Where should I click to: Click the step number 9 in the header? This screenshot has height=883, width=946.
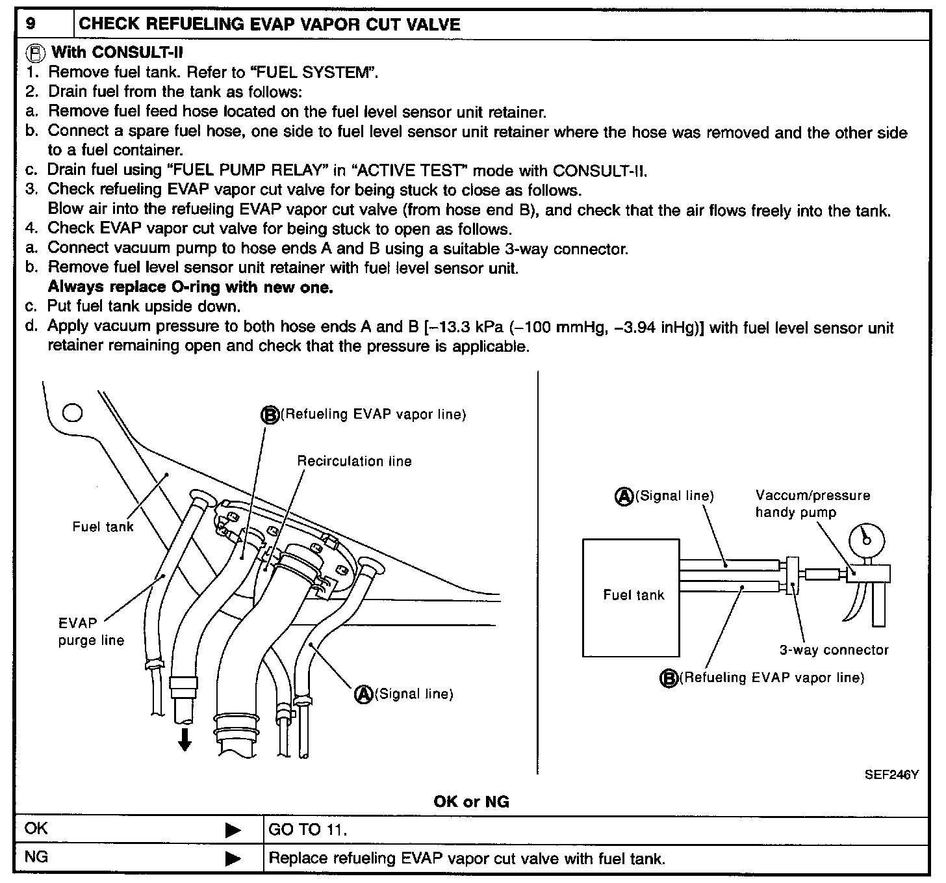[30, 25]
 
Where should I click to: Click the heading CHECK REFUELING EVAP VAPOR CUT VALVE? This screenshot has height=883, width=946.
[269, 25]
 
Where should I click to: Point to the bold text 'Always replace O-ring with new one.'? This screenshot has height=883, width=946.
[190, 287]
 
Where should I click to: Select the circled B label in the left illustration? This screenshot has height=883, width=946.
[270, 414]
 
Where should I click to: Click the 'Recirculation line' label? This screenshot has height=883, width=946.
[354, 461]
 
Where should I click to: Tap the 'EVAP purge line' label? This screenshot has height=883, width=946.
[91, 631]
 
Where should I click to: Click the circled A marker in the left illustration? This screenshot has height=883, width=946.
[364, 694]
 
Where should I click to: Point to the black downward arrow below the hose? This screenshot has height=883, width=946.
[185, 739]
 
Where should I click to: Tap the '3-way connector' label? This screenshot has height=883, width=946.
[834, 650]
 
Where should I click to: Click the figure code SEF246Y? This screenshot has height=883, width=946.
[891, 774]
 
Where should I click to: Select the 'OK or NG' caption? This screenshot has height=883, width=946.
[471, 802]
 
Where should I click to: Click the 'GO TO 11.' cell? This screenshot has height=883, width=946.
[308, 830]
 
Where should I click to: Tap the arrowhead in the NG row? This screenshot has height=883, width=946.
[233, 858]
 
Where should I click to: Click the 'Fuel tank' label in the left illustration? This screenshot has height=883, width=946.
[103, 526]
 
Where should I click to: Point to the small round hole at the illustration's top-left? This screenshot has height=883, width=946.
[72, 413]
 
